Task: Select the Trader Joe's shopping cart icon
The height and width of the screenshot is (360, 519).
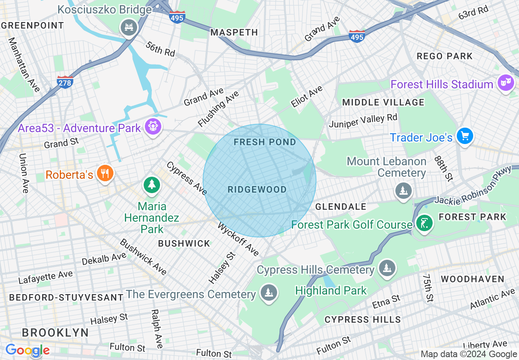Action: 465,136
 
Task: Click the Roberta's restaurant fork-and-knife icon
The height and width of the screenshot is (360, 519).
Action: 105,173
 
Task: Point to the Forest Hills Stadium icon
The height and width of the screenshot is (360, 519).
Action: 506,83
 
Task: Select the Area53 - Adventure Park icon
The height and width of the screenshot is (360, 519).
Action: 153,127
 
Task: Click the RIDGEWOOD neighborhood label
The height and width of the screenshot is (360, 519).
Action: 257,189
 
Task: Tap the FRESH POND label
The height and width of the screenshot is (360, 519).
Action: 265,142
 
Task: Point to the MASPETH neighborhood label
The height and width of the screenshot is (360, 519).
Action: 234,32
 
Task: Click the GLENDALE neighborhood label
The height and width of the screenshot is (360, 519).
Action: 341,207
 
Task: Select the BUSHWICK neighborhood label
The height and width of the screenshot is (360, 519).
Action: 184,243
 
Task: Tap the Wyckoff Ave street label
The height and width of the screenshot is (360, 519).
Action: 238,239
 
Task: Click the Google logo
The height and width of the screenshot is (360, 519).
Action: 27,350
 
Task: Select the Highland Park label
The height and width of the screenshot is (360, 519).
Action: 331,291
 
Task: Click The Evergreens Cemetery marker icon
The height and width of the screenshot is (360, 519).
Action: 269,293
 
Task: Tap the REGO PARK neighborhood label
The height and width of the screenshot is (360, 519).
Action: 445,56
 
